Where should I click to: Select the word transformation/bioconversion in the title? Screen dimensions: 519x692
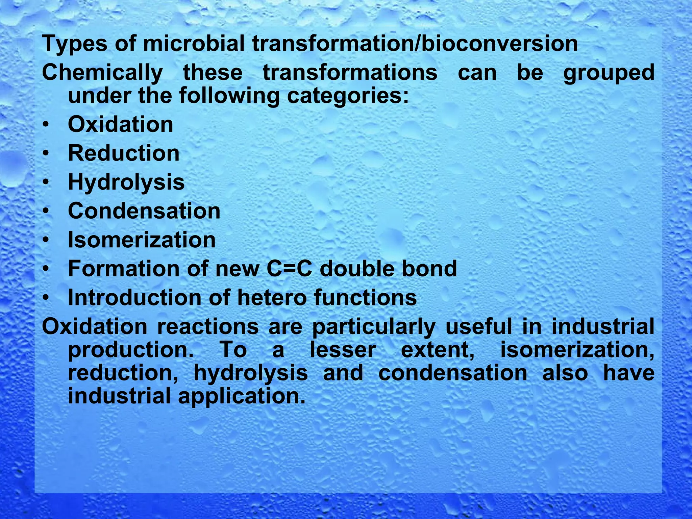point(415,44)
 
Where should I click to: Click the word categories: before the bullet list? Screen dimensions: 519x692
point(348,96)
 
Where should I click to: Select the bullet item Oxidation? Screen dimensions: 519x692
point(120,125)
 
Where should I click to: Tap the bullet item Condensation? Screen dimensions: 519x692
point(144,211)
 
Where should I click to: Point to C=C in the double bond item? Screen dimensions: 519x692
point(289,269)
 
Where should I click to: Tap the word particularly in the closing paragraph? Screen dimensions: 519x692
point(373,327)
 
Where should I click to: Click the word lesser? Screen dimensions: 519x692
point(343,350)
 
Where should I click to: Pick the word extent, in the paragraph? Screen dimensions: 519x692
point(438,350)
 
